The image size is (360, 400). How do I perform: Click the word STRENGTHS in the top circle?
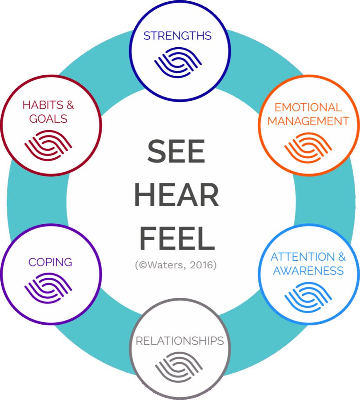(177, 36)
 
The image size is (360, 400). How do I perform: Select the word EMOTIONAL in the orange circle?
(308, 107)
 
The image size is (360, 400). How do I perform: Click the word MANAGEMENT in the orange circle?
(308, 121)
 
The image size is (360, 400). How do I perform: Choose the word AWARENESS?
(308, 271)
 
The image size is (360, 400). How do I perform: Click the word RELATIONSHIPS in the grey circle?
(179, 341)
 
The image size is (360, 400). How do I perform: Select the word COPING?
(50, 262)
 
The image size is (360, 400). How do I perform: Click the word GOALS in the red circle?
(48, 118)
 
